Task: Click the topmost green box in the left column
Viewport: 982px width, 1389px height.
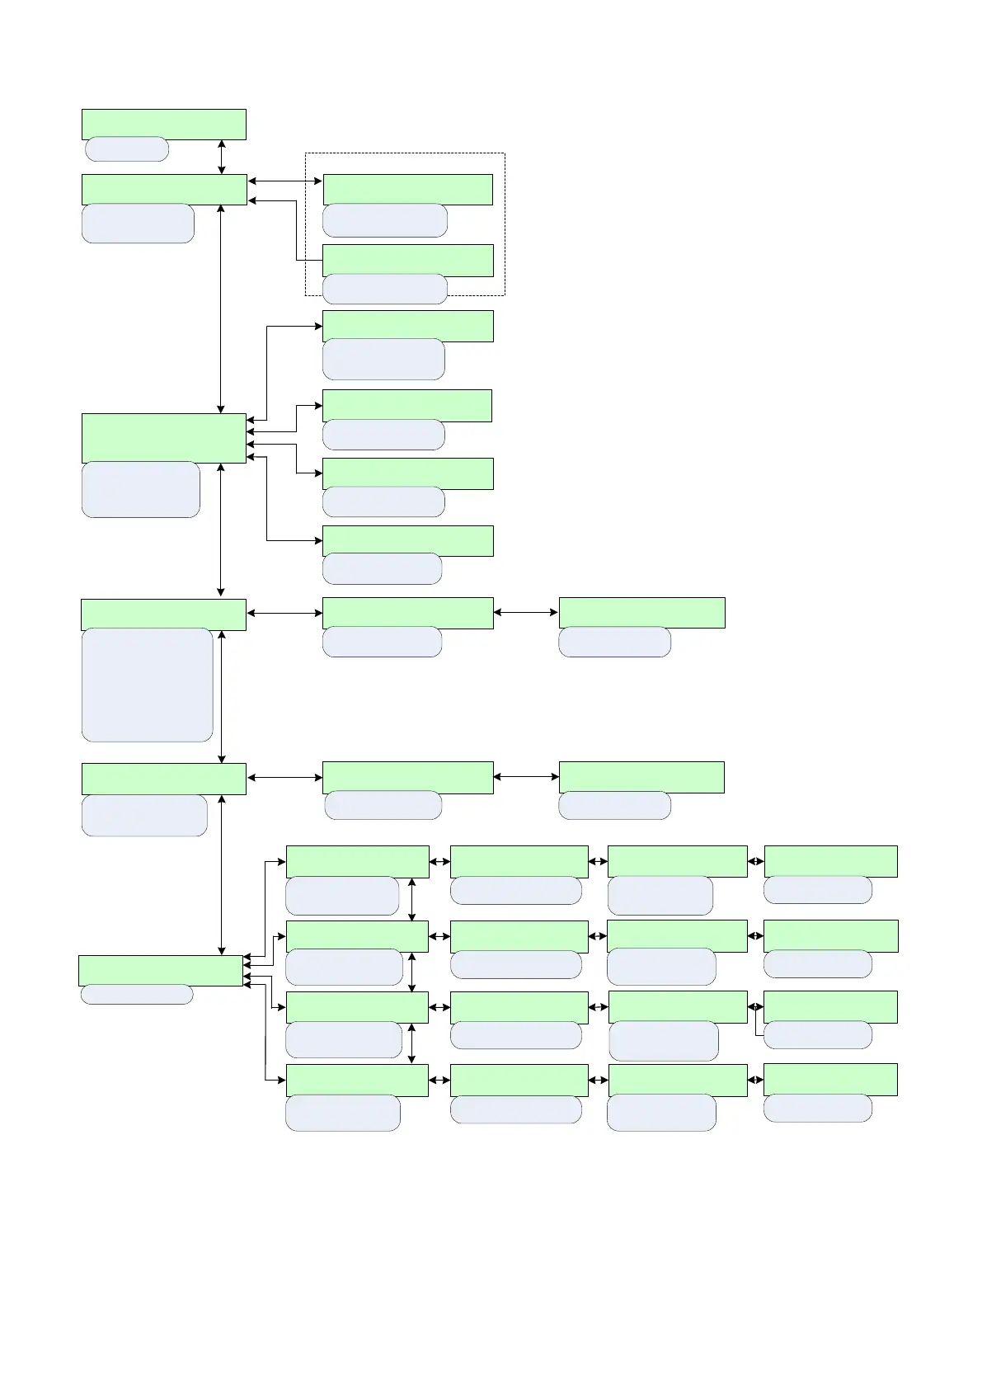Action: (x=163, y=124)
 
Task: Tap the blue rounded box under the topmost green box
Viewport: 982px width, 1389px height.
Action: (x=127, y=149)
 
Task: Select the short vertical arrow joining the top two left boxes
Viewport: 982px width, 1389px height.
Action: (x=222, y=157)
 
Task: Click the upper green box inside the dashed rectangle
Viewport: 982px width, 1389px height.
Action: (x=407, y=189)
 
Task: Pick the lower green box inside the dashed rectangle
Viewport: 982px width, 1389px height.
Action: (x=407, y=260)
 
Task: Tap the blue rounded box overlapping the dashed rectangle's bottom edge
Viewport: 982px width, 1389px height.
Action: (x=384, y=289)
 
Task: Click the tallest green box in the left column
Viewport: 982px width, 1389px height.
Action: (x=163, y=438)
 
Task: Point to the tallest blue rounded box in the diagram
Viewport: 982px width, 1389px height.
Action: (x=148, y=685)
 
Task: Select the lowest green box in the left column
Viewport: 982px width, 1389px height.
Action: (x=161, y=971)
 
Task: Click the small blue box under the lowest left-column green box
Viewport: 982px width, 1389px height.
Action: (x=136, y=994)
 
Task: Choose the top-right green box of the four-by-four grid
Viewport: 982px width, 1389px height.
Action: (x=830, y=861)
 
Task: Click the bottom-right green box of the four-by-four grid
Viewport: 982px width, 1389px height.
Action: (x=830, y=1080)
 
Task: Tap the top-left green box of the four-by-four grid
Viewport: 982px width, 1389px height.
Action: (x=357, y=861)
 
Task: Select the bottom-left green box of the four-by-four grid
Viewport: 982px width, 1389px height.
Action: (x=357, y=1080)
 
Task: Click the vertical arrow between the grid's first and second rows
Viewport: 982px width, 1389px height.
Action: (x=412, y=899)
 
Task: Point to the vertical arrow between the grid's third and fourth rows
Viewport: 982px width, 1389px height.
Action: (x=412, y=1043)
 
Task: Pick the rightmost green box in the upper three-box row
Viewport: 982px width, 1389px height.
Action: (x=641, y=613)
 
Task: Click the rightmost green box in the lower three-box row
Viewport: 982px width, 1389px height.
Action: (x=641, y=777)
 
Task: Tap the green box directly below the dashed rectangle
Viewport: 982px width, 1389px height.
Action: (x=407, y=326)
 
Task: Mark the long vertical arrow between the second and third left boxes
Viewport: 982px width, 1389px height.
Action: (x=221, y=309)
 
